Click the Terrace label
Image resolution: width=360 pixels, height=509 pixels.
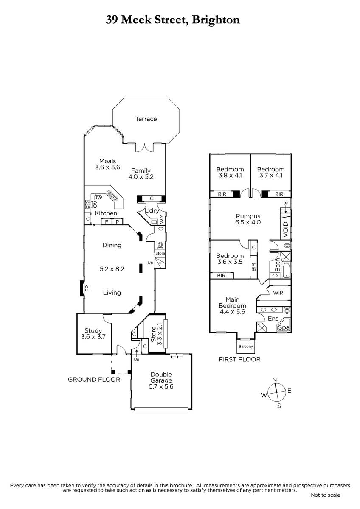[146, 119]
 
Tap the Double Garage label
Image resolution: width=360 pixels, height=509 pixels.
[161, 380]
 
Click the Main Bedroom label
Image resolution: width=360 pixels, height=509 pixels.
[232, 305]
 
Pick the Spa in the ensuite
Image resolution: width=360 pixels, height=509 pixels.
[284, 327]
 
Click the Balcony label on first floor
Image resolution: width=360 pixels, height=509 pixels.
[246, 347]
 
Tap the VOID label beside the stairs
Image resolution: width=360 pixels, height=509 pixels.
[285, 229]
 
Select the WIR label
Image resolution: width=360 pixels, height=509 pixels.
[278, 293]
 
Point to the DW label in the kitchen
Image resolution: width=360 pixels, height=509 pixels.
[98, 197]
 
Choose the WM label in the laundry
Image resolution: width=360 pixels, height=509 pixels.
[161, 219]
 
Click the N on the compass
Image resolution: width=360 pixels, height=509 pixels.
[275, 380]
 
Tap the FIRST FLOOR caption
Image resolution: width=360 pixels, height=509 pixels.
[239, 359]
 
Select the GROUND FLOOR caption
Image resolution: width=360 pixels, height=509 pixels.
[94, 379]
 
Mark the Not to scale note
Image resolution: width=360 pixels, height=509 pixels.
[325, 495]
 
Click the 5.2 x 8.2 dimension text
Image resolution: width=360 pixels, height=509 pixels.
[112, 268]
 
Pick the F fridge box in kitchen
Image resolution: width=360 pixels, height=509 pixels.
[106, 221]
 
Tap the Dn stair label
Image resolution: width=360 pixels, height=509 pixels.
[286, 204]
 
